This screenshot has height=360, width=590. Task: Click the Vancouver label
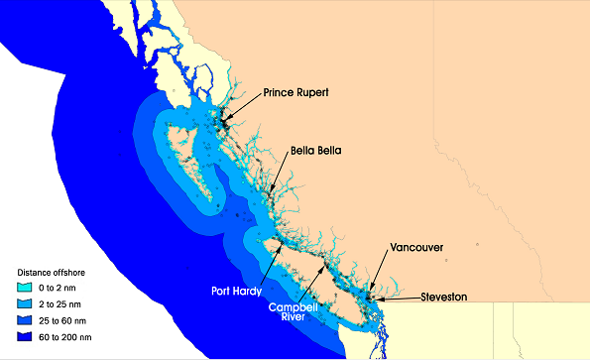tap(416, 247)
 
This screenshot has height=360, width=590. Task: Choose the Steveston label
tap(442, 297)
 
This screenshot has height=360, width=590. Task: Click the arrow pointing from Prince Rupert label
tap(244, 109)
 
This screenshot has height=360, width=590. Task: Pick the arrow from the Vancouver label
tap(383, 272)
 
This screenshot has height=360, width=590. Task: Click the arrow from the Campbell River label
tap(308, 282)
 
